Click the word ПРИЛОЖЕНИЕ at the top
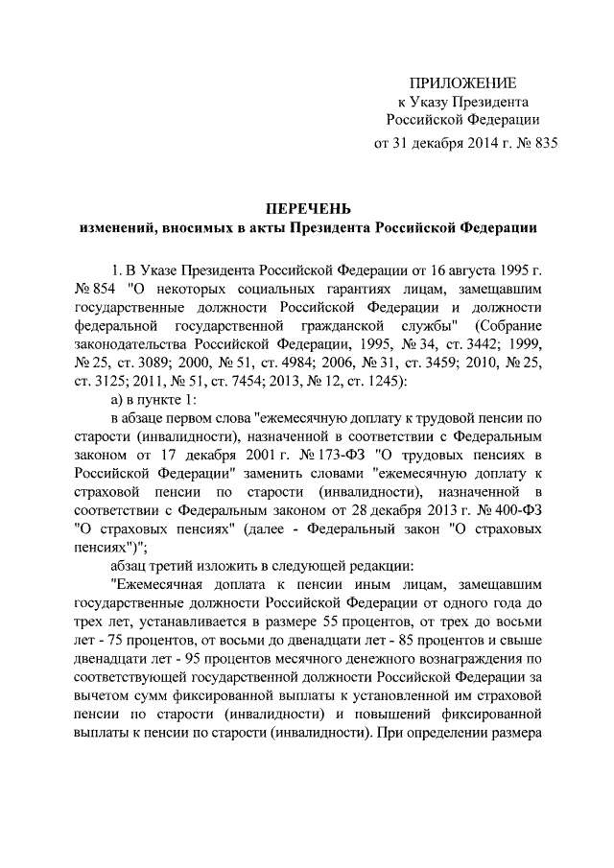tap(462, 82)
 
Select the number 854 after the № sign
tap(106, 287)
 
